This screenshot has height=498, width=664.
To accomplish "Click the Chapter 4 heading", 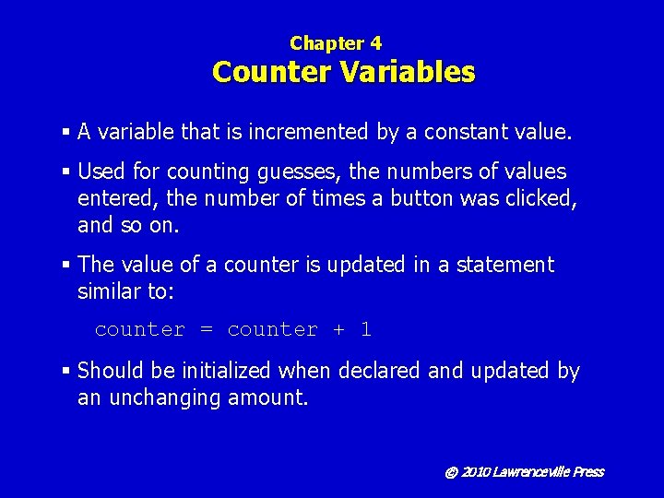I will coord(335,42).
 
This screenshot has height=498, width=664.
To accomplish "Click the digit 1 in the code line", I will coord(366,329).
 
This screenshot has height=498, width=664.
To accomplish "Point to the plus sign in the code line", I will coord(337,330).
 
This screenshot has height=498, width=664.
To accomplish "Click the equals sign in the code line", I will coord(206,330).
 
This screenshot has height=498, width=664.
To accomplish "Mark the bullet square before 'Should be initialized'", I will coord(66,372).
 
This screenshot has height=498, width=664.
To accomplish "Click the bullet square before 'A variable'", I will coord(66,133).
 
